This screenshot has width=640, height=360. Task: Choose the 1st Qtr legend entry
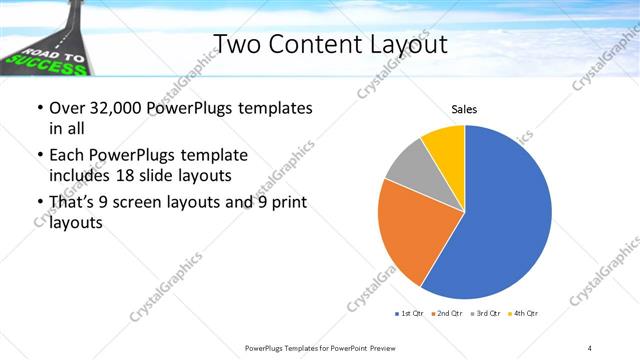click(410, 314)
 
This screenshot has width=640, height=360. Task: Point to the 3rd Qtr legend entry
click(488, 314)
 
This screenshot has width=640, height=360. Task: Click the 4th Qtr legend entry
click(525, 314)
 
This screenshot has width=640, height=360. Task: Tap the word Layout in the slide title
click(400, 44)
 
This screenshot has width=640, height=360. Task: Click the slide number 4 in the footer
click(589, 347)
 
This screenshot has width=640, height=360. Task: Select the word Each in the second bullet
click(66, 155)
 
